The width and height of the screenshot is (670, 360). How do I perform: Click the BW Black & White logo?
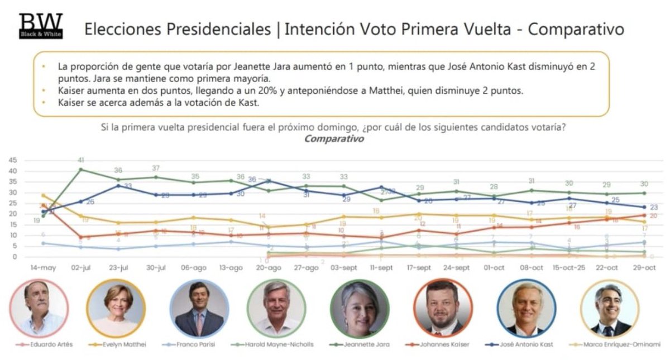click(x=40, y=26)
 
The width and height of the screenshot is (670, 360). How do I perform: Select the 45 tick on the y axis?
click(x=12, y=160)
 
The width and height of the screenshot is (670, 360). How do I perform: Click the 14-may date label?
click(x=44, y=268)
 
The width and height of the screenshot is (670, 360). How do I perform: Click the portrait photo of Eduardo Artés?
click(x=39, y=309)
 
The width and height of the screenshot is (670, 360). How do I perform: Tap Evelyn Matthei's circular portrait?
click(x=116, y=309)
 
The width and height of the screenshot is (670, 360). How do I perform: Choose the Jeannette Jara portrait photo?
click(x=360, y=309)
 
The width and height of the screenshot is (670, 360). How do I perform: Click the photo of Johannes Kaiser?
click(x=442, y=309)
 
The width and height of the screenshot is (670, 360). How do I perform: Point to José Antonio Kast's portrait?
click(x=525, y=309)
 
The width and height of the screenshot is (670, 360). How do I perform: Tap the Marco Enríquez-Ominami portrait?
click(x=609, y=309)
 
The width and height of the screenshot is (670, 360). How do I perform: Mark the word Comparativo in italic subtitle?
click(x=333, y=138)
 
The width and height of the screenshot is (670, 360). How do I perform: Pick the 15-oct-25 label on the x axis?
click(x=568, y=268)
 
